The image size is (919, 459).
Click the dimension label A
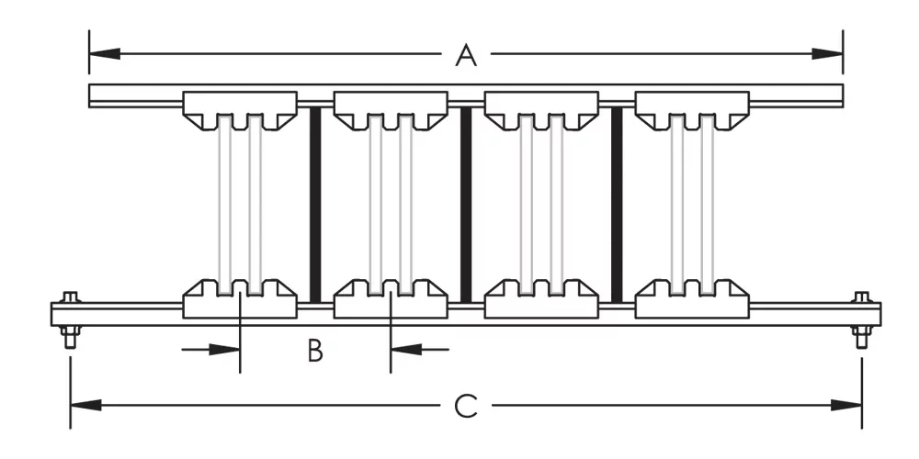click(x=467, y=57)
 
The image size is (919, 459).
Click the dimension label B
click(x=315, y=351)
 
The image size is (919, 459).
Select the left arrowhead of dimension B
click(x=229, y=349)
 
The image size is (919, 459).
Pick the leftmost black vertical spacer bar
click(x=314, y=204)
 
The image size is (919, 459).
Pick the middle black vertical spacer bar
click(x=465, y=204)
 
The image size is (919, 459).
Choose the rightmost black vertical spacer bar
click(x=617, y=204)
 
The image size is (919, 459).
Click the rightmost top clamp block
click(x=691, y=109)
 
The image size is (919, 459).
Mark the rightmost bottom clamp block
click(x=691, y=300)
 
